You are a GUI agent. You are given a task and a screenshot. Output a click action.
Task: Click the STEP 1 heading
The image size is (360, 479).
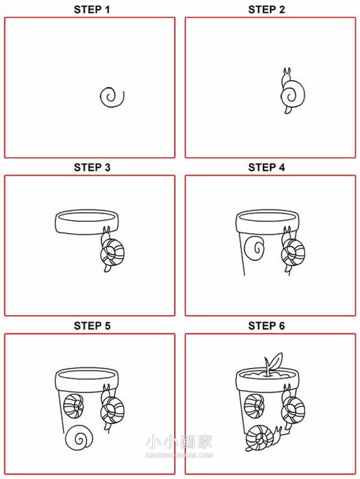92,10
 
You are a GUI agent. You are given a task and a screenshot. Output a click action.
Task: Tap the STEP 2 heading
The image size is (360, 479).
266,10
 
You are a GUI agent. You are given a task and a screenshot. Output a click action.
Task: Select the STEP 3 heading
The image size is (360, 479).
92,167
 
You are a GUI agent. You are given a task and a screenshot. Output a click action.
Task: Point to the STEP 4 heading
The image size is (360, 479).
266,167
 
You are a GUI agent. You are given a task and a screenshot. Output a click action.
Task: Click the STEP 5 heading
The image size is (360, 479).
92,326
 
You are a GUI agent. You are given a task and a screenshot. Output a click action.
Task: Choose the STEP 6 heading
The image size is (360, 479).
266,326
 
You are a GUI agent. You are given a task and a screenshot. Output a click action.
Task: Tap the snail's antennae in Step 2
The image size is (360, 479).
287,72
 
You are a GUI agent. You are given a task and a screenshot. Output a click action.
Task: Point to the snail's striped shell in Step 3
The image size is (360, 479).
113,253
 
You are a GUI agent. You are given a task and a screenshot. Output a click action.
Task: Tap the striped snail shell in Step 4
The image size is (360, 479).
293,253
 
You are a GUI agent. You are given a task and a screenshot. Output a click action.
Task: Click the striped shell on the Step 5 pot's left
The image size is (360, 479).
74,406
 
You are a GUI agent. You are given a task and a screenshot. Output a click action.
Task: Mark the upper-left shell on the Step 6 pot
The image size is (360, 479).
254,406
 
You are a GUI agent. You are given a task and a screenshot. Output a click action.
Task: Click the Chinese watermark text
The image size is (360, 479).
179,442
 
